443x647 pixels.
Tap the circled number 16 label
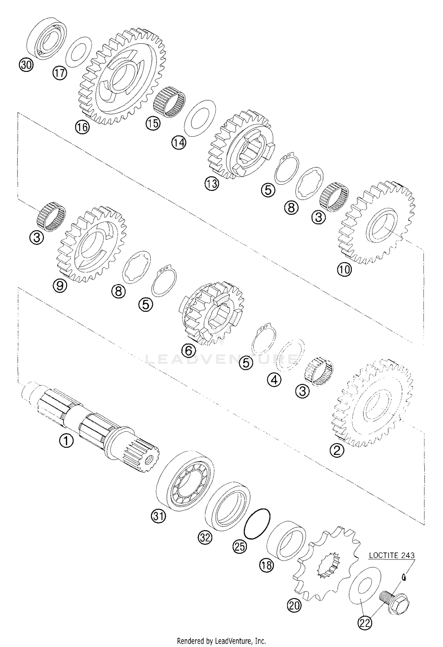82,127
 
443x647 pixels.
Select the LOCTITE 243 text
392,555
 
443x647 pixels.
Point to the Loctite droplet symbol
403,576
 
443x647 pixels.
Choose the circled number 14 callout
179,143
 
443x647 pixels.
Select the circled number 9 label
60,285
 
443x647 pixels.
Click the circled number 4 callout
274,380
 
